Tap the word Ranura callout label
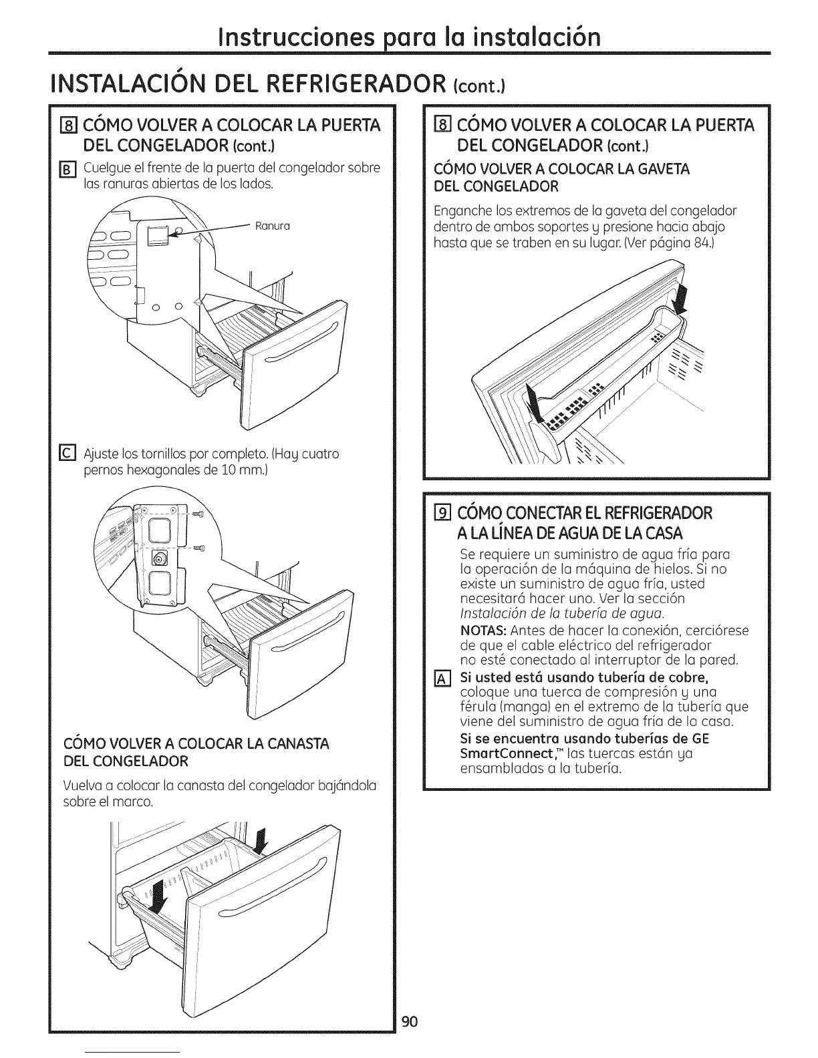pyautogui.click(x=272, y=226)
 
